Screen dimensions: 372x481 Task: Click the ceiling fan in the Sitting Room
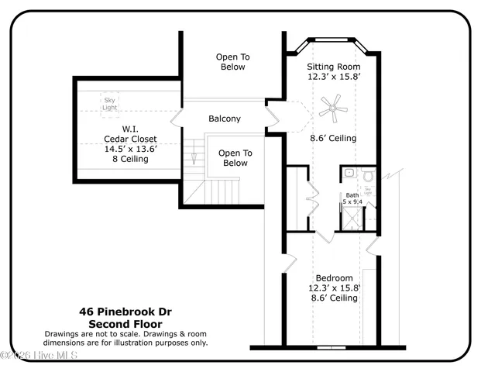[332, 108]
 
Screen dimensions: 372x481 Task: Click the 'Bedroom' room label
[334, 278]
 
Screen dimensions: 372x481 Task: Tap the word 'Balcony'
[225, 119]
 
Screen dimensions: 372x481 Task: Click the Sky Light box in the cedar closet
[109, 102]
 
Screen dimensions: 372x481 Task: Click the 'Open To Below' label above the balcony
[230, 62]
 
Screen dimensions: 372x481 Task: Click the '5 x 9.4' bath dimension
[352, 201]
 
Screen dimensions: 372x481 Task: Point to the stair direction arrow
[194, 159]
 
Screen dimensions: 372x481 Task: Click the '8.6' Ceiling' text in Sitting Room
[334, 138]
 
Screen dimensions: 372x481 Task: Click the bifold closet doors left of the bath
[310, 201]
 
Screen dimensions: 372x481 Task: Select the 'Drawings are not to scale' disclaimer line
[125, 333]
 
